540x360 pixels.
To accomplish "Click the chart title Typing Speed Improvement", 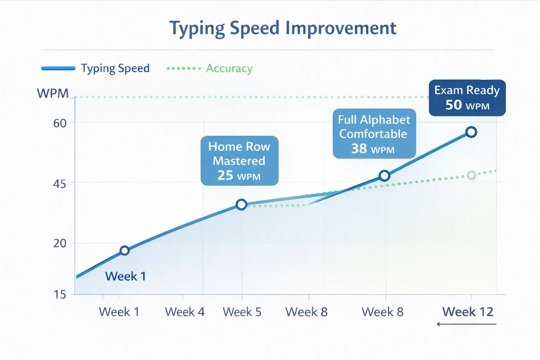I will tap(283, 28).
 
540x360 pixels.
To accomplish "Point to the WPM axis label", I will tap(53, 94).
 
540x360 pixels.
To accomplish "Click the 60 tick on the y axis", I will tap(60, 123).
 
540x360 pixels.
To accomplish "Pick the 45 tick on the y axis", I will tap(59, 184).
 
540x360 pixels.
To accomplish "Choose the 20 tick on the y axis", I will tap(59, 243).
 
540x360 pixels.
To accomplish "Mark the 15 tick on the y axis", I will tap(60, 295).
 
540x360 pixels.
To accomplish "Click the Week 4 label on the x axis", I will tap(185, 312).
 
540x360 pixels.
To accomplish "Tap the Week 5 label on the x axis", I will tap(242, 312).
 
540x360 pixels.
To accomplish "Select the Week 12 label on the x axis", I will tap(468, 312).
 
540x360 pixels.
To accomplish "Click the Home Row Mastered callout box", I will tap(239, 161).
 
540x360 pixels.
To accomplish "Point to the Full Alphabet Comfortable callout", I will tap(374, 134).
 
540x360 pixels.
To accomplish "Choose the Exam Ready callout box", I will tap(467, 98).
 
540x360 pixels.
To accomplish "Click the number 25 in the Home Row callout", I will tap(225, 175).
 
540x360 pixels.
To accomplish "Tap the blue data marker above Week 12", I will tap(471, 132).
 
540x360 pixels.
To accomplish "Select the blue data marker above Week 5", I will tap(242, 204).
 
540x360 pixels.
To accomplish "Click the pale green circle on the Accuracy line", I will tap(471, 175).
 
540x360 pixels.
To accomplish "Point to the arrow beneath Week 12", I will tap(466, 324).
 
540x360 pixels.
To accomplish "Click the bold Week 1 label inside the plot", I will tap(126, 276).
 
